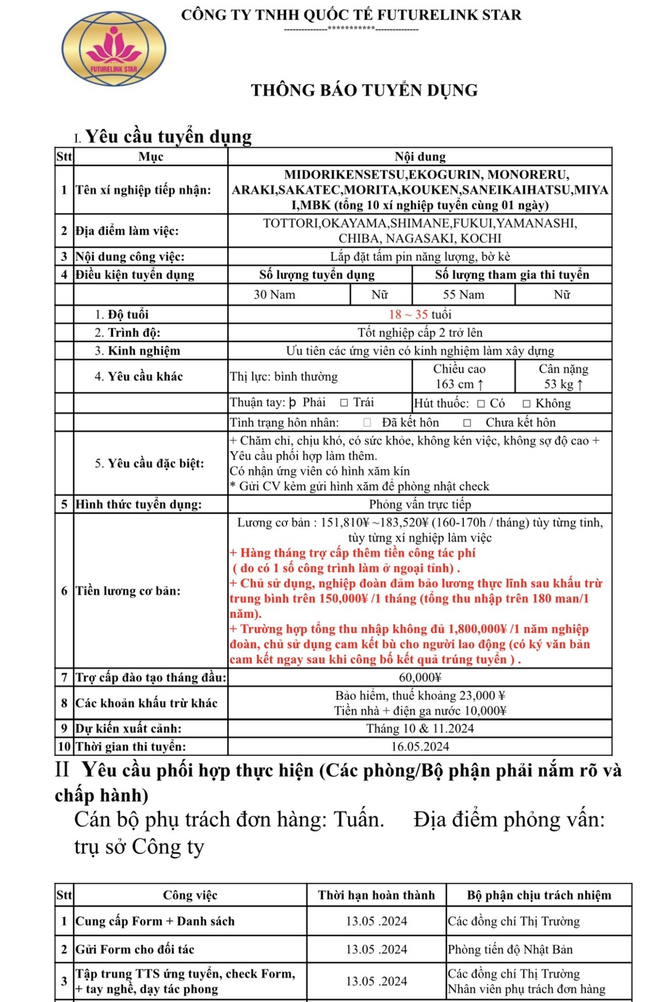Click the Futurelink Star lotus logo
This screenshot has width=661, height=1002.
[x=114, y=50]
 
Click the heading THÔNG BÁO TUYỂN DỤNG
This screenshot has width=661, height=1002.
[x=364, y=90]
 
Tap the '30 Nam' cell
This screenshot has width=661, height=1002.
[x=275, y=294]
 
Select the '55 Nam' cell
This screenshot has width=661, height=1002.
[x=463, y=294]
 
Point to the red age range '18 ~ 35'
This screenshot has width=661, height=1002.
[x=408, y=314]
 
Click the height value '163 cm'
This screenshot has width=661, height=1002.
[x=460, y=384]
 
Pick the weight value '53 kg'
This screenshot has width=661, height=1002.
[x=563, y=384]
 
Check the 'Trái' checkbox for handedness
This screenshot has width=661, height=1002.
[x=344, y=402]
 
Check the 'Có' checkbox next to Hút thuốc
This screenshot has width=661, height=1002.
[x=481, y=403]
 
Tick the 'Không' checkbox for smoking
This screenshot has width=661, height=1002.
[x=526, y=403]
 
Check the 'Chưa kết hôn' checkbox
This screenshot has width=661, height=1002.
[x=467, y=423]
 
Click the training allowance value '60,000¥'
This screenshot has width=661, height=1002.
[x=420, y=678]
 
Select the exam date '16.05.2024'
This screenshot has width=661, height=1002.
[x=420, y=746]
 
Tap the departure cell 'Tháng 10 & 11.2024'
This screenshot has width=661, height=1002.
[x=420, y=729]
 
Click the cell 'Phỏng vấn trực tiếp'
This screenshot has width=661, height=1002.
[x=420, y=504]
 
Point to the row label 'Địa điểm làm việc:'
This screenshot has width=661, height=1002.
[x=127, y=231]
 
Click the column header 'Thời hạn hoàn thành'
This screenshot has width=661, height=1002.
[x=376, y=895]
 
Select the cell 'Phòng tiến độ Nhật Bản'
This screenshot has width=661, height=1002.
[x=510, y=949]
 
